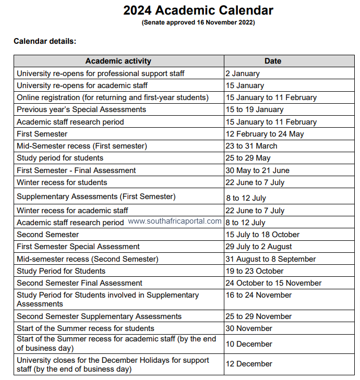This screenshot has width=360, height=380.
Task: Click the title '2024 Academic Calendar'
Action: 198,10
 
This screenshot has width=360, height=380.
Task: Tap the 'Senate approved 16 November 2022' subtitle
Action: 198,22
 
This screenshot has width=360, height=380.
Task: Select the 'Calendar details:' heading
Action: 45,41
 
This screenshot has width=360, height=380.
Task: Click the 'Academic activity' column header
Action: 118,61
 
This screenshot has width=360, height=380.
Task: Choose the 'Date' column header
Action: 272,61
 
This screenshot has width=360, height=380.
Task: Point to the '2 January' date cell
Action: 243,73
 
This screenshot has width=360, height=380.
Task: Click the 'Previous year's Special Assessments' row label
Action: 81,109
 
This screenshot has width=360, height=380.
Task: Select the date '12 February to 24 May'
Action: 265,134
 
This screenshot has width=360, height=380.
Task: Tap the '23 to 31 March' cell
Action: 251,146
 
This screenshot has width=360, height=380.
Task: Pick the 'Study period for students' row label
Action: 60,158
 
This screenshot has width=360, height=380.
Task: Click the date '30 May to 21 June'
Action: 257,170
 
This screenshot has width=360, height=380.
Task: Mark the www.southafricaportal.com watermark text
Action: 175,221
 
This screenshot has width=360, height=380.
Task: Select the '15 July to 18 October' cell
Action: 262,235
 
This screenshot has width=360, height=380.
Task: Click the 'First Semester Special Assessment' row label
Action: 78,247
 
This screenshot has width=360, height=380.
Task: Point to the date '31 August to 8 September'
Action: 271,259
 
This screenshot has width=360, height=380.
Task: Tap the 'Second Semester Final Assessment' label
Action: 79,283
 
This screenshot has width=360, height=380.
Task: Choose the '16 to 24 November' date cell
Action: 258,295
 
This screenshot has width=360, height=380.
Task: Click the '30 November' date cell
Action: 249,328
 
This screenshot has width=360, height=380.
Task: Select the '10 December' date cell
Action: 249,344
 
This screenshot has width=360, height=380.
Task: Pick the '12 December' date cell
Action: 249,364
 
